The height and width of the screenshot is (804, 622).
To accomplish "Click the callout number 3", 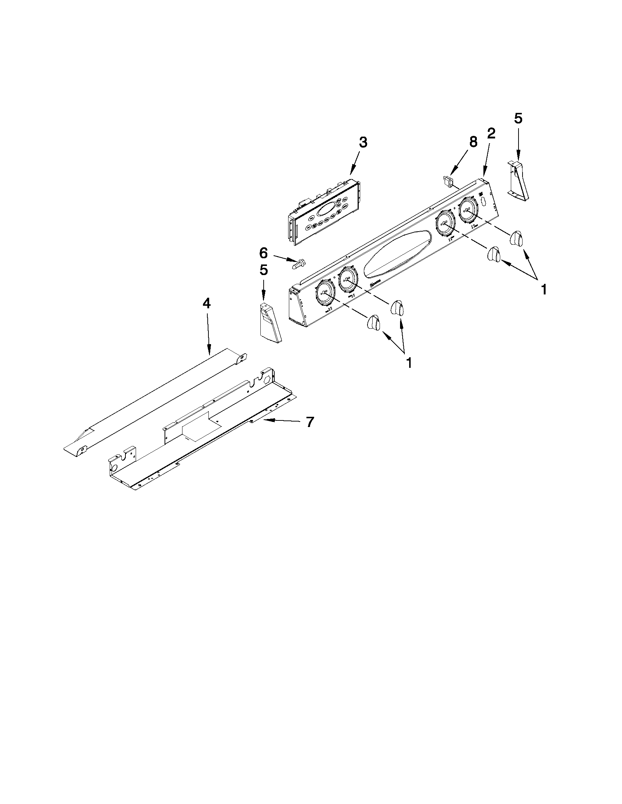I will (x=363, y=142).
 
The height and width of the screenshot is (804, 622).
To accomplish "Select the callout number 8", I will (x=473, y=142).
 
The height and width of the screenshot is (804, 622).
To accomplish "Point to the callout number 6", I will (x=264, y=253).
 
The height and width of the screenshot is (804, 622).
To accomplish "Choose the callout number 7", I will (x=310, y=422).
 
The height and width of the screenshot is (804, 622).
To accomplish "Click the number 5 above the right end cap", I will (x=518, y=119).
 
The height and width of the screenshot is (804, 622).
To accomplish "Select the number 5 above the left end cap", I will (x=264, y=270).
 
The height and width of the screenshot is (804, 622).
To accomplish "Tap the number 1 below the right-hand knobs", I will (x=543, y=290).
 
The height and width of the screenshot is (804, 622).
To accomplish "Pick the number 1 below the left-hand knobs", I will (x=408, y=363).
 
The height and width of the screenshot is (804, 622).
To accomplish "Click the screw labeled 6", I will (x=298, y=264).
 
